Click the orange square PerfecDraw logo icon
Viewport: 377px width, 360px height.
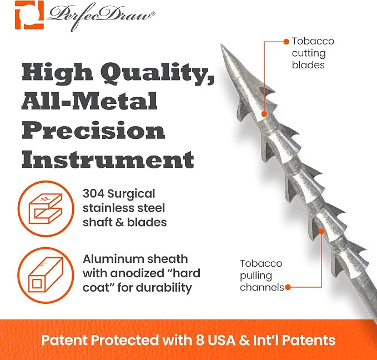tap(29, 15)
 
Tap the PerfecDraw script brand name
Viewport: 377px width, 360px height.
tap(101, 16)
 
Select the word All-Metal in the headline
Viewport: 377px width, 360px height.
tap(89, 101)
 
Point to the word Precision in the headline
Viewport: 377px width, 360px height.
tap(93, 130)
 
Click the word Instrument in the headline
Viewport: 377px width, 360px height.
tap(108, 159)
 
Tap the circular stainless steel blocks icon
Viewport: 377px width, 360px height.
tap(46, 208)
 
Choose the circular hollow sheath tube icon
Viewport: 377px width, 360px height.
tap(46, 275)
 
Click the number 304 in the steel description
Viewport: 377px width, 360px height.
tap(93, 194)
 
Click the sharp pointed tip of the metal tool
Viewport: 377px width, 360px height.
tap(221, 44)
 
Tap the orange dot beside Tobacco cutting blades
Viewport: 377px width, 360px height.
tap(286, 42)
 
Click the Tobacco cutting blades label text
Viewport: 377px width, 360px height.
tap(313, 53)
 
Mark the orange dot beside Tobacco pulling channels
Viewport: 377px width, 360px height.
tap(288, 287)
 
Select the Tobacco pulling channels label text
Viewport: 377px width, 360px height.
tap(262, 276)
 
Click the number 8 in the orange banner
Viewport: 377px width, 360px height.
tap(200, 340)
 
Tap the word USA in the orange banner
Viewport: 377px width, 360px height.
tap(222, 340)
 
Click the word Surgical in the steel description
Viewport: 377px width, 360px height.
tap(131, 194)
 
